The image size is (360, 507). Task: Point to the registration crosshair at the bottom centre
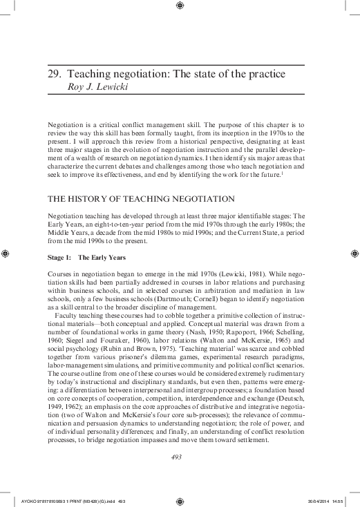(180, 500)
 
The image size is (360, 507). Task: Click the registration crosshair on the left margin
(6, 254)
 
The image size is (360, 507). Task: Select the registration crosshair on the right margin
(353, 254)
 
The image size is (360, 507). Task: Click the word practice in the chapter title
(266, 74)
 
